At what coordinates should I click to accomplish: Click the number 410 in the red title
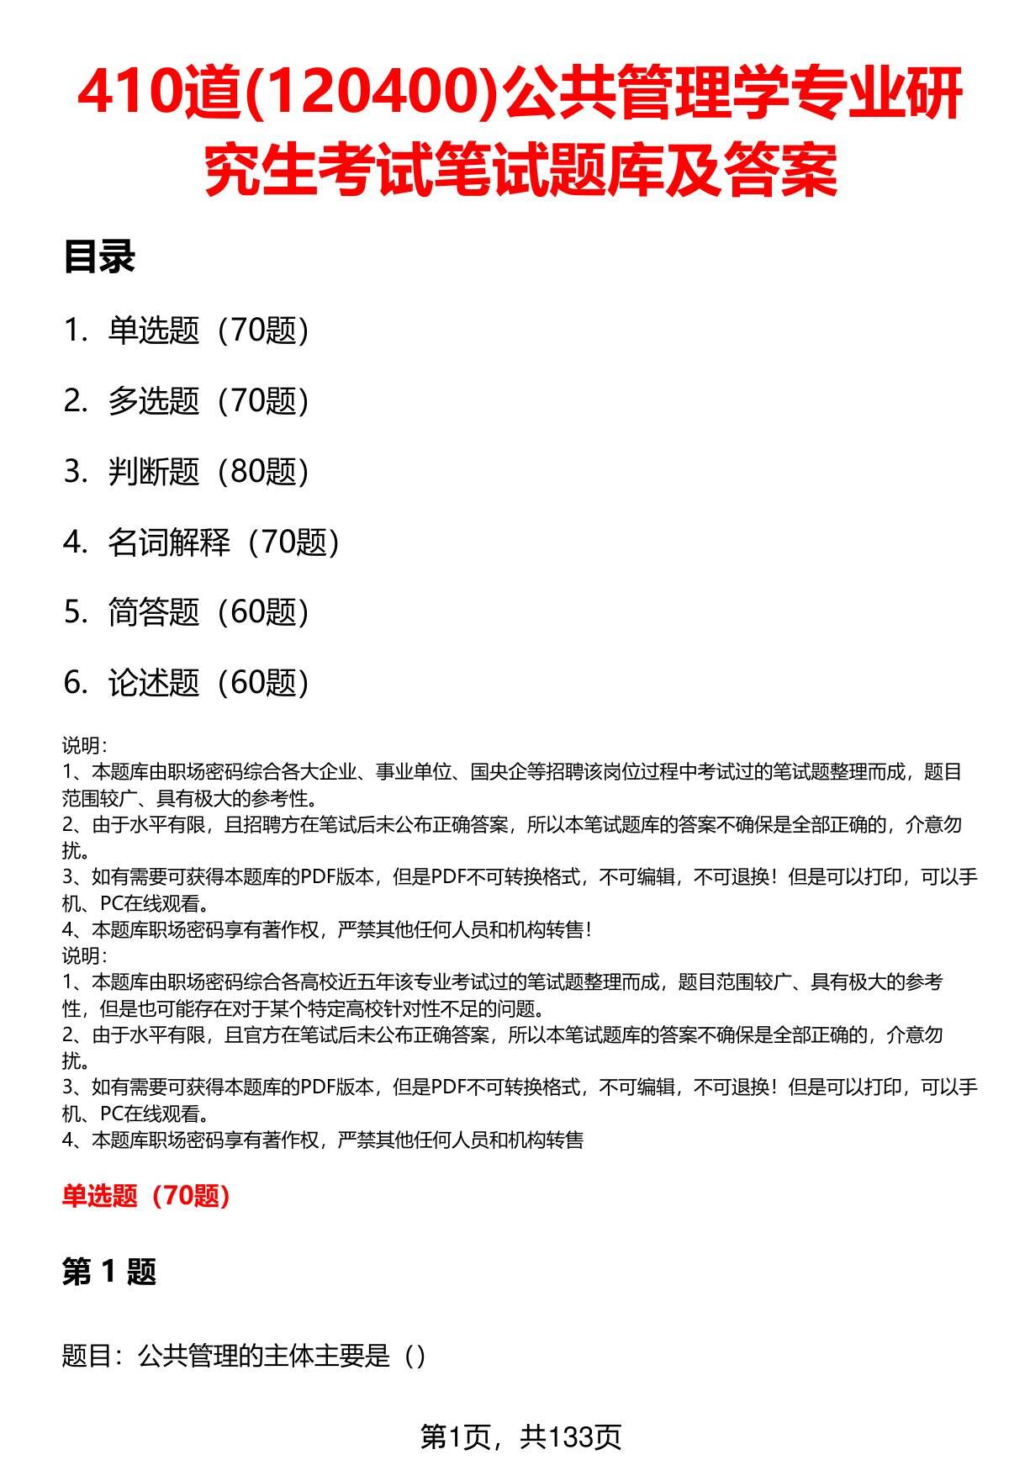click(129, 93)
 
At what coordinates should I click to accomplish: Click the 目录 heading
click(98, 257)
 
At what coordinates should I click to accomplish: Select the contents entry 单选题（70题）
click(209, 331)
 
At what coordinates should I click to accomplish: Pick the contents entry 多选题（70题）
click(209, 401)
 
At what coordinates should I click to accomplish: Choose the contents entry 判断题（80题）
click(209, 472)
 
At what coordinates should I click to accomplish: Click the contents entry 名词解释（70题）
click(224, 542)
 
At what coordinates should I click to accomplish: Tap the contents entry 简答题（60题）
click(209, 612)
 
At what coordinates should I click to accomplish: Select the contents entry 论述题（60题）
click(209, 683)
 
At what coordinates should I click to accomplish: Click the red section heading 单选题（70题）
click(146, 1195)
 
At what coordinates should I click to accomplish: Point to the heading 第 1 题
click(109, 1272)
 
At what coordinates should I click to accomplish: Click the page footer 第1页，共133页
click(520, 1437)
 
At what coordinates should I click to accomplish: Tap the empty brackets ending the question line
click(415, 1356)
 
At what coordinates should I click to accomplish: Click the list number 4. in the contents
click(76, 542)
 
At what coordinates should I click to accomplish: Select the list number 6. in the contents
click(76, 683)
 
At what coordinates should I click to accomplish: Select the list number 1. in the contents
click(76, 331)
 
